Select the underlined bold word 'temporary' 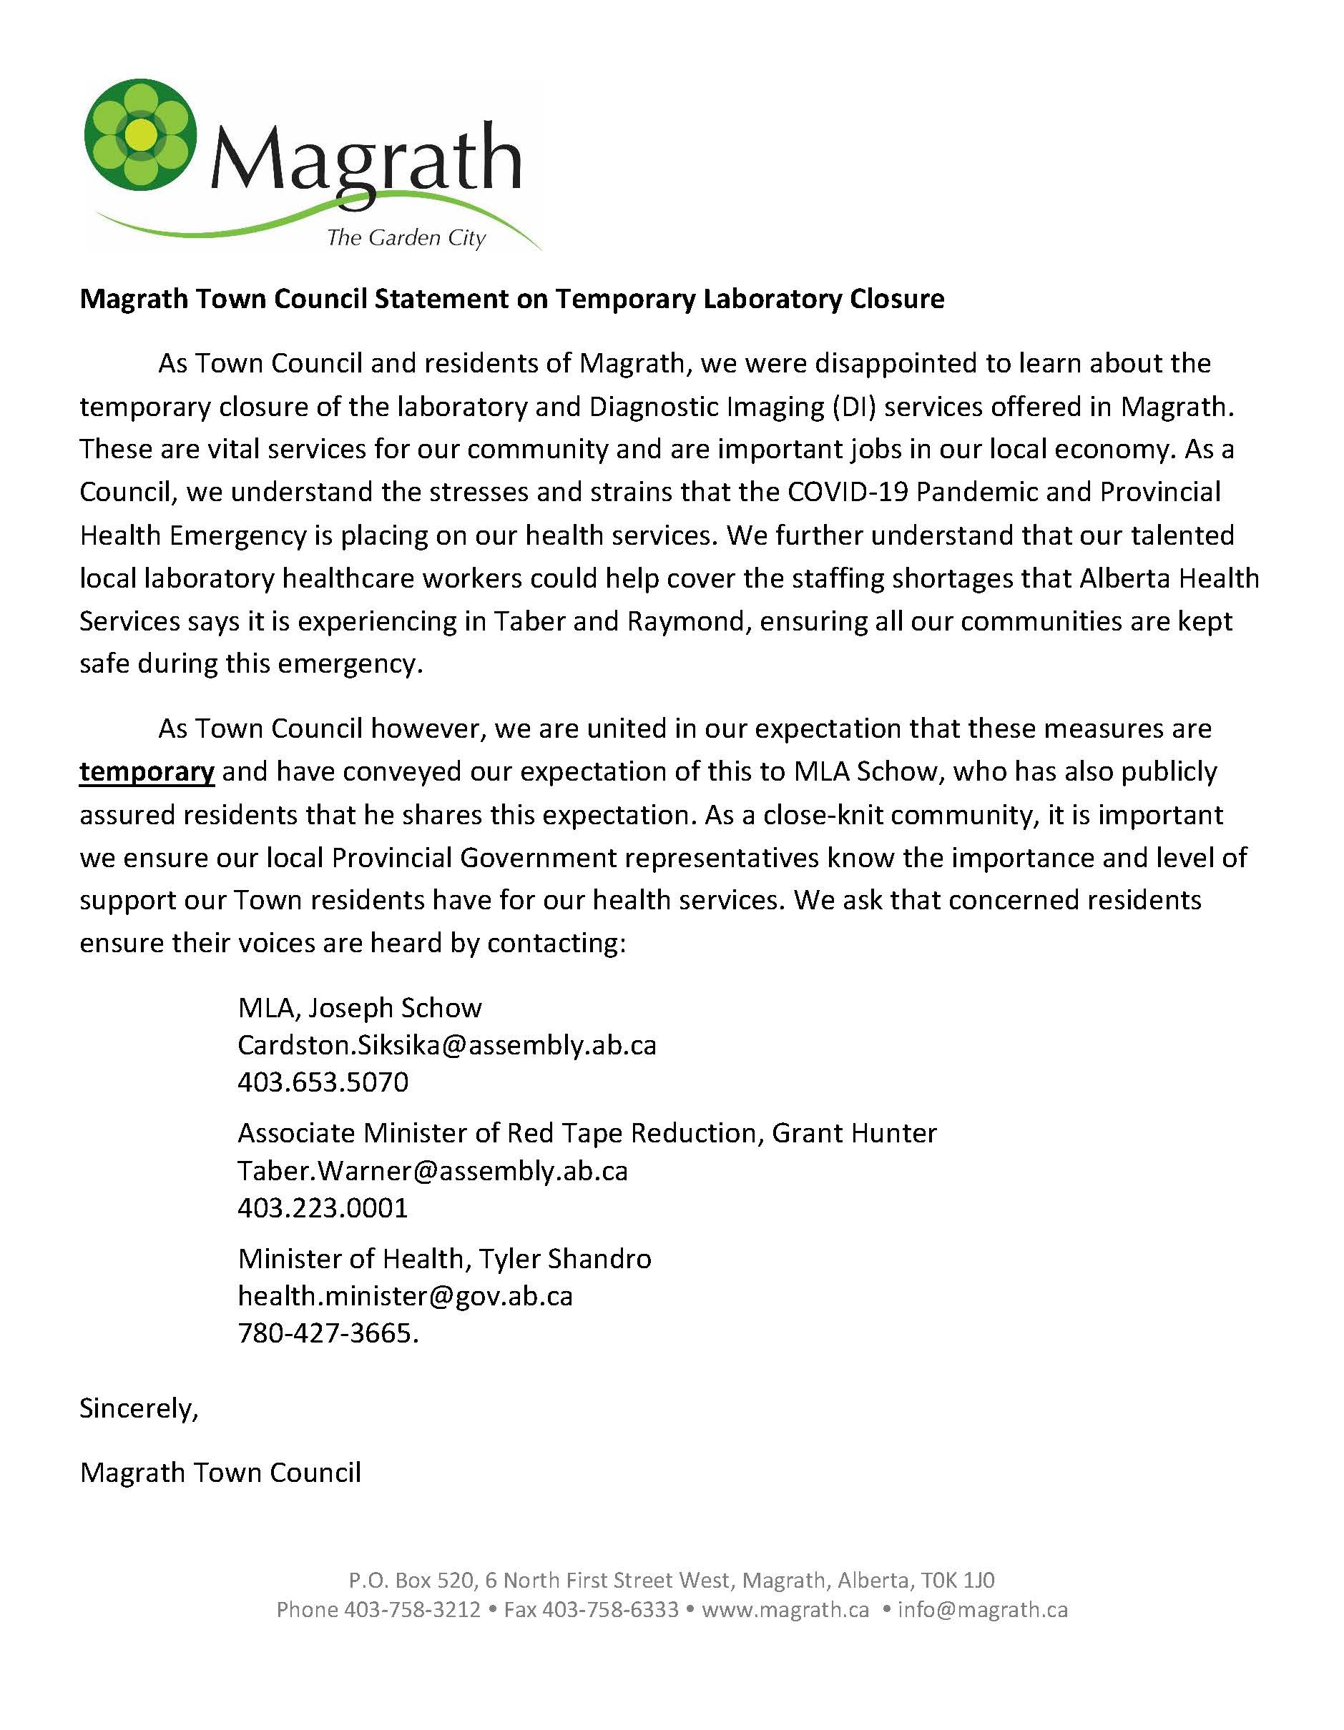(x=147, y=771)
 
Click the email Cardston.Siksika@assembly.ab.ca (x=447, y=1046)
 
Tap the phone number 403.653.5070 (x=323, y=1082)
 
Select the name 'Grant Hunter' (x=853, y=1134)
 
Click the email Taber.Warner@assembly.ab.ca (x=433, y=1171)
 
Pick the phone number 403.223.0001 (x=323, y=1208)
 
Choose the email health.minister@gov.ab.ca (x=405, y=1296)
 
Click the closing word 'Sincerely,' (x=139, y=1408)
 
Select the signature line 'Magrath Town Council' (x=220, y=1473)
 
